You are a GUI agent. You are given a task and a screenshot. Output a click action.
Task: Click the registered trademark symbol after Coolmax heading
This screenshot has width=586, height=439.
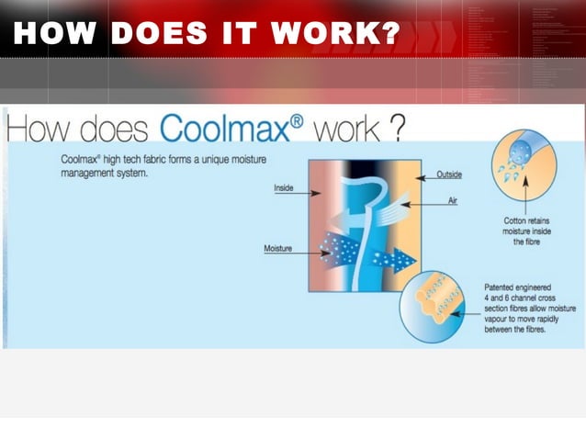coord(298,119)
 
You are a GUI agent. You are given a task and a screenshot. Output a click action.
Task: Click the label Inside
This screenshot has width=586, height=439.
coord(284,188)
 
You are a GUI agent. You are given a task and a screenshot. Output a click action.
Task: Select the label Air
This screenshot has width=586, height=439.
coord(452,200)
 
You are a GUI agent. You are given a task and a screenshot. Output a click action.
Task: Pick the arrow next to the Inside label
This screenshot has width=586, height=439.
coord(308,194)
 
